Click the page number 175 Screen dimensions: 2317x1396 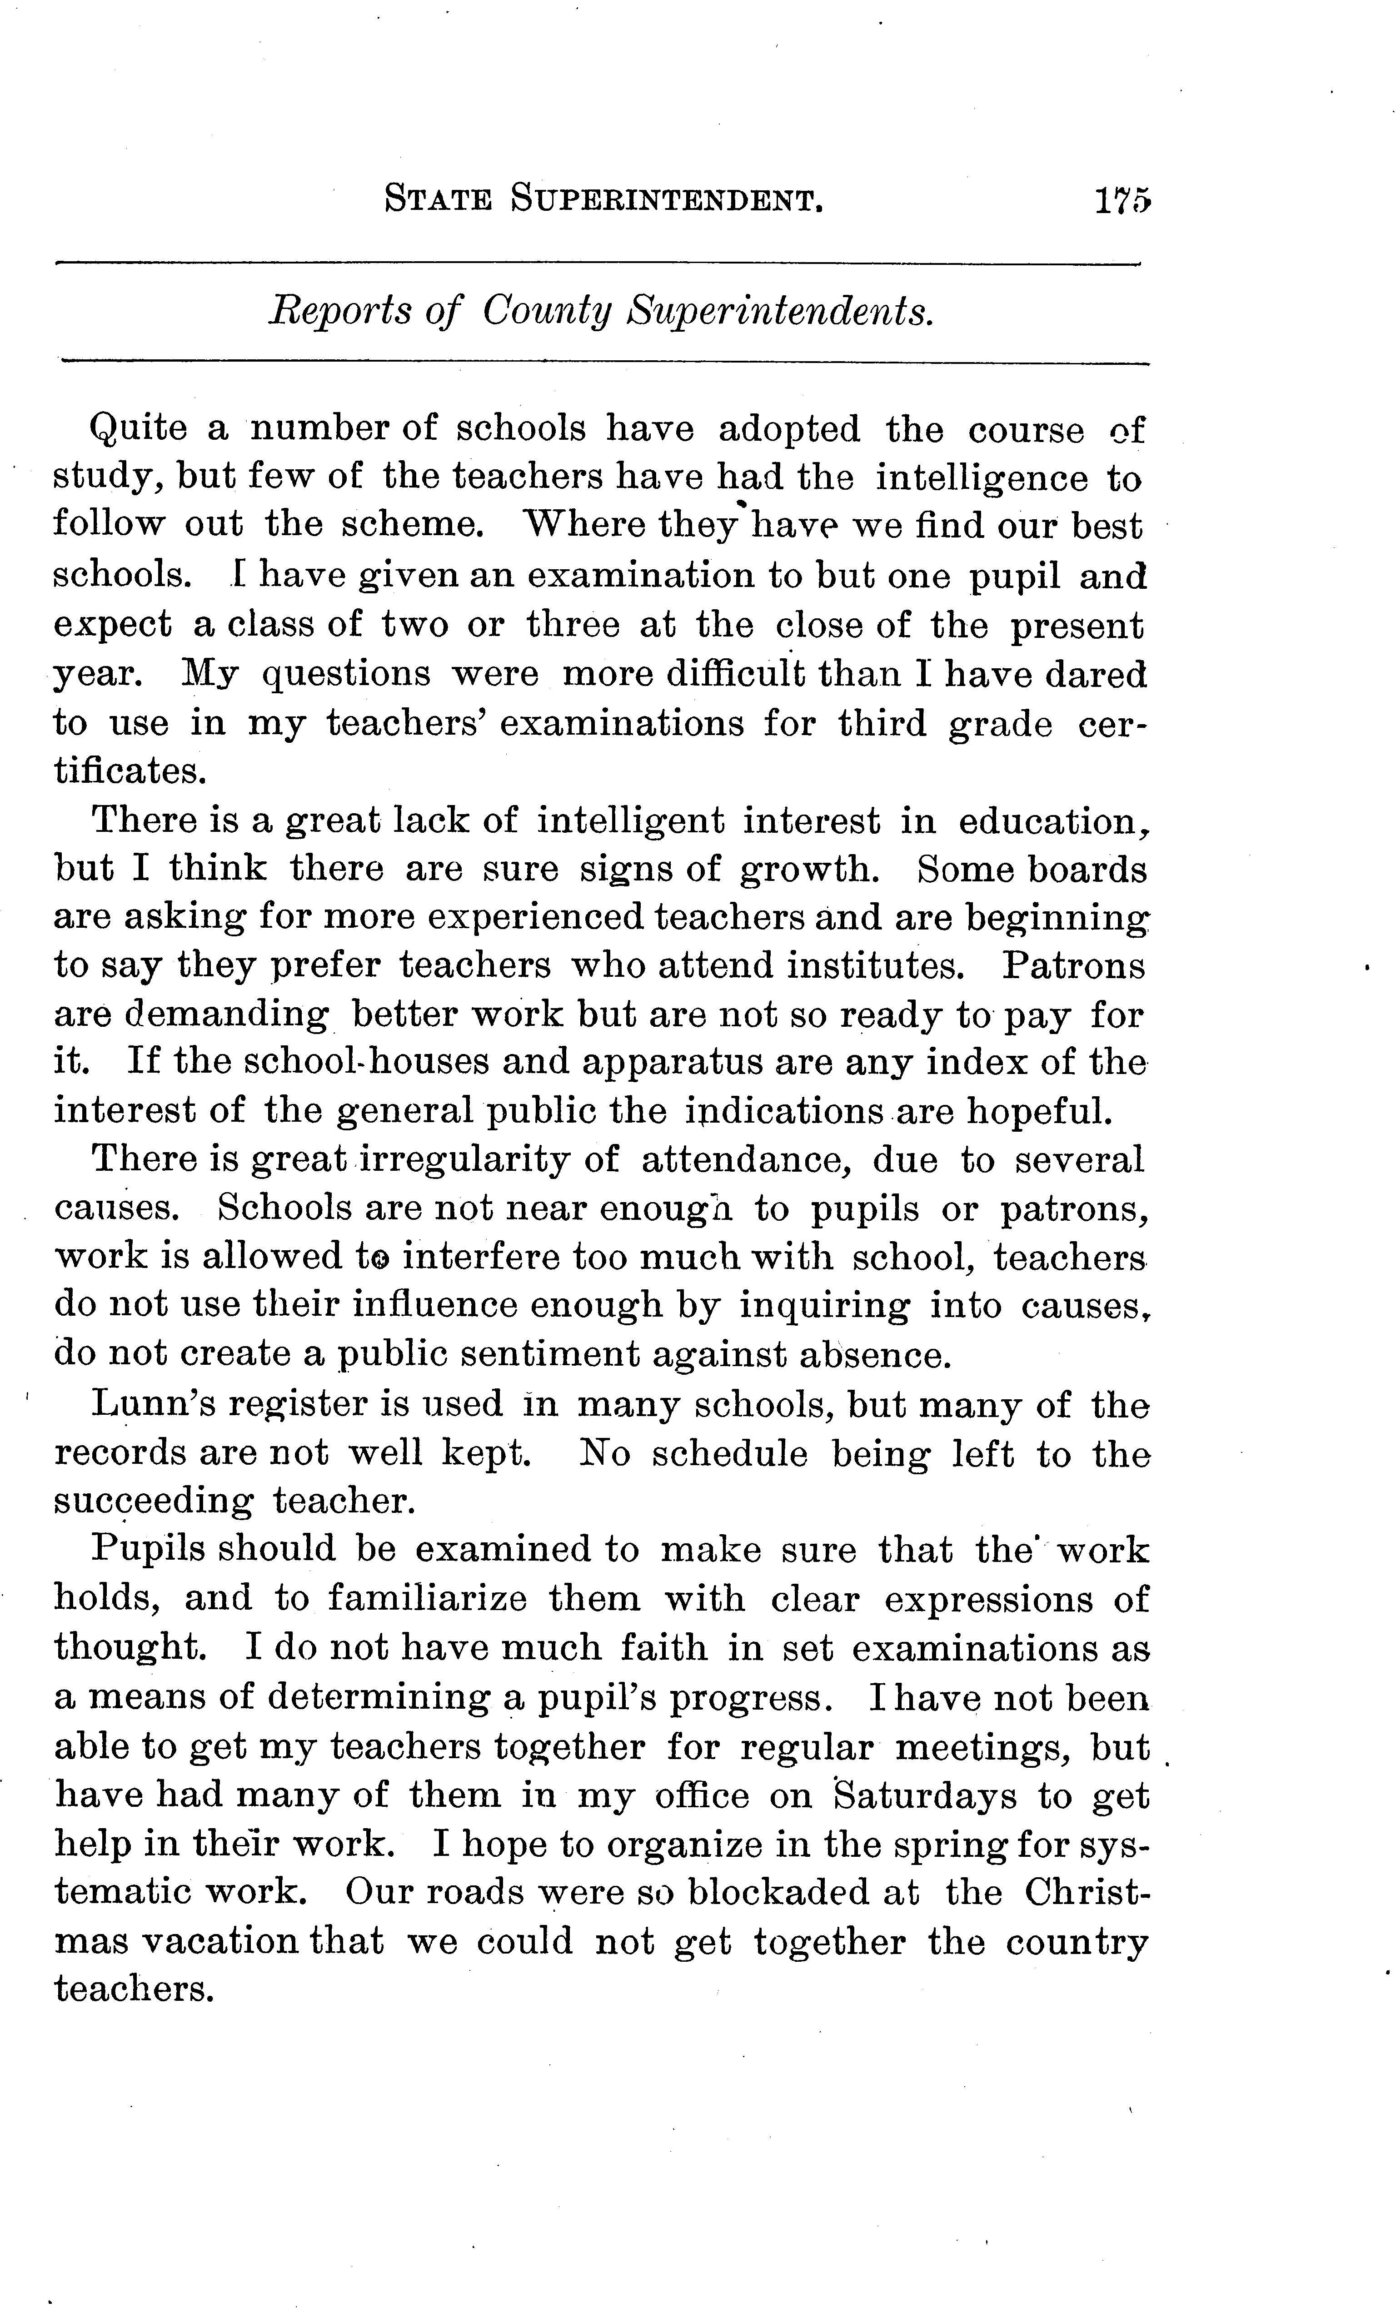click(1122, 201)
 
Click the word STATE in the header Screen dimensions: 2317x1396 click(439, 201)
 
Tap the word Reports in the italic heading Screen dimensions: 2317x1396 click(340, 310)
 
